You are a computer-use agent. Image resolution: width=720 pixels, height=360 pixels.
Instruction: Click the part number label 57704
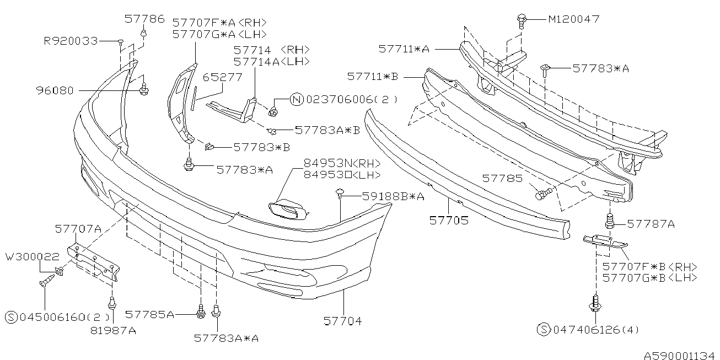(343, 320)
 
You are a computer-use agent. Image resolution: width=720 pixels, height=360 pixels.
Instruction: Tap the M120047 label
(573, 19)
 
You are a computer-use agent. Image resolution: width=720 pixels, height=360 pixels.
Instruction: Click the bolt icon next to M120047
(521, 20)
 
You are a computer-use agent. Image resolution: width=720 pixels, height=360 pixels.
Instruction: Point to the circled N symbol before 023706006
(296, 100)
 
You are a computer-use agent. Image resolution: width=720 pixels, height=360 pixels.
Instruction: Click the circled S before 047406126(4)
(543, 330)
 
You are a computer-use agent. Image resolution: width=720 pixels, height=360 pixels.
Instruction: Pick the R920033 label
(71, 41)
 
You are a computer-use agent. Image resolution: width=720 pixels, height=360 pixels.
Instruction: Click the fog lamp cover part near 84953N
(287, 209)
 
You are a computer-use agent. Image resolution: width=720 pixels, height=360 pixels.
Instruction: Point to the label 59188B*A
(393, 196)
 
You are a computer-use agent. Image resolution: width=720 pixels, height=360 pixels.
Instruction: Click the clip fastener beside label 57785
(542, 194)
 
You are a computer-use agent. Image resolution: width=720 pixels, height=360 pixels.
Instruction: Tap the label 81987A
(112, 331)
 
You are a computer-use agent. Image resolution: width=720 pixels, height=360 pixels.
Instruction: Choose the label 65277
(222, 78)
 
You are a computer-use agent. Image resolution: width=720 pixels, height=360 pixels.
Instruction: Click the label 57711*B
(373, 76)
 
